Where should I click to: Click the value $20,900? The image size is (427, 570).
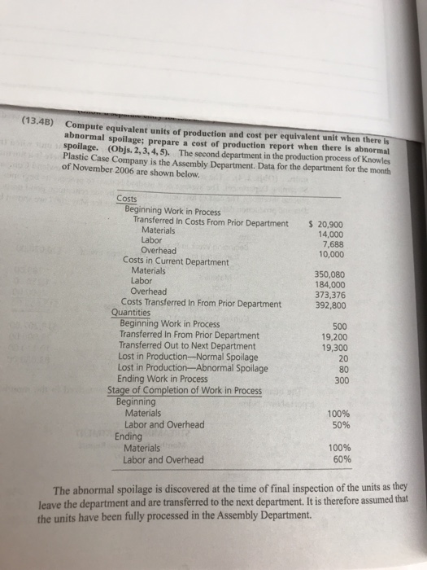pos(331,224)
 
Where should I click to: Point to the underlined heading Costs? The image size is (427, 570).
pos(127,200)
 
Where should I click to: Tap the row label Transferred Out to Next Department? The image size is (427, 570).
pos(187,346)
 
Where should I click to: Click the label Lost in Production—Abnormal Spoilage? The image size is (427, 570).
pos(194,367)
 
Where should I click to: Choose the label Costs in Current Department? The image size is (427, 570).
pos(175,261)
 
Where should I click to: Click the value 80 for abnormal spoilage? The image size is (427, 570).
pos(342,369)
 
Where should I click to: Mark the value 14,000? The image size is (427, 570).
pos(334,234)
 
